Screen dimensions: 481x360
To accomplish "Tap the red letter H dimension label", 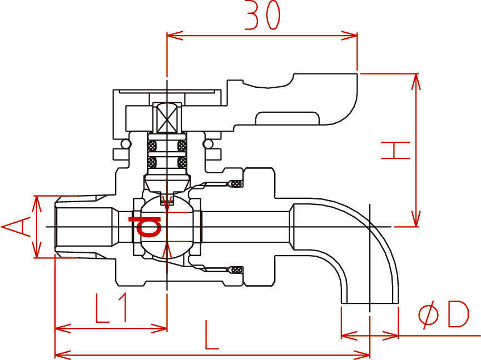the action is tap(395, 151).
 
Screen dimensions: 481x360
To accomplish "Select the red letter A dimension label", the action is tap(16, 227).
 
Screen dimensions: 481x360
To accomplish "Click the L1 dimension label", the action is tap(111, 308).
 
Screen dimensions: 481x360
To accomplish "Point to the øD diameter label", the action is tap(444, 314).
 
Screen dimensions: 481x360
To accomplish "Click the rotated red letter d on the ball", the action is tap(145, 227).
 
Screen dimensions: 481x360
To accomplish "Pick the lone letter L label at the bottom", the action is tap(212, 335).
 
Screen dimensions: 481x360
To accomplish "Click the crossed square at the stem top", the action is tap(167, 118).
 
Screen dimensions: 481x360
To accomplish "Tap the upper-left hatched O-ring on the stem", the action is tap(152, 146).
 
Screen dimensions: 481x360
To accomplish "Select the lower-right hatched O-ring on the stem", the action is tap(182, 162).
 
